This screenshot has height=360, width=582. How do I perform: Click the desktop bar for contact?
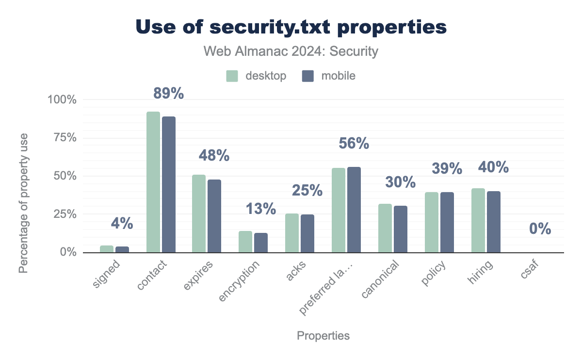[153, 182]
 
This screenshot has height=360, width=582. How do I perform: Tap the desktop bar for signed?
[107, 249]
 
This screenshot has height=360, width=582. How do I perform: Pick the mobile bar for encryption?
[261, 243]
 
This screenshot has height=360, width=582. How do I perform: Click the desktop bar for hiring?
[478, 220]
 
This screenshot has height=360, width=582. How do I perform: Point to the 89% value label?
[169, 93]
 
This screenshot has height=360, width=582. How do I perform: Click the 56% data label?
[354, 144]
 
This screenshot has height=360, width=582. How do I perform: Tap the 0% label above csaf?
[540, 229]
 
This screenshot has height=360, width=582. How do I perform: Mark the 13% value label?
[261, 209]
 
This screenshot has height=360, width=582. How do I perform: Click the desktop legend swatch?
[232, 76]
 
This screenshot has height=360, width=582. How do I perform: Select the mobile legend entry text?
[339, 76]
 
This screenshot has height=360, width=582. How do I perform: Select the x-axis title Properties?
[323, 336]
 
